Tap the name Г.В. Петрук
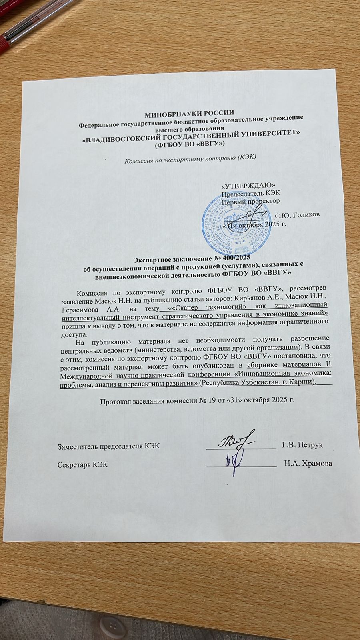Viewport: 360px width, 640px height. coord(302,445)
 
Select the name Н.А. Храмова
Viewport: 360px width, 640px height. coord(308,464)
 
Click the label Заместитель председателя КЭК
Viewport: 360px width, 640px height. coord(109,446)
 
